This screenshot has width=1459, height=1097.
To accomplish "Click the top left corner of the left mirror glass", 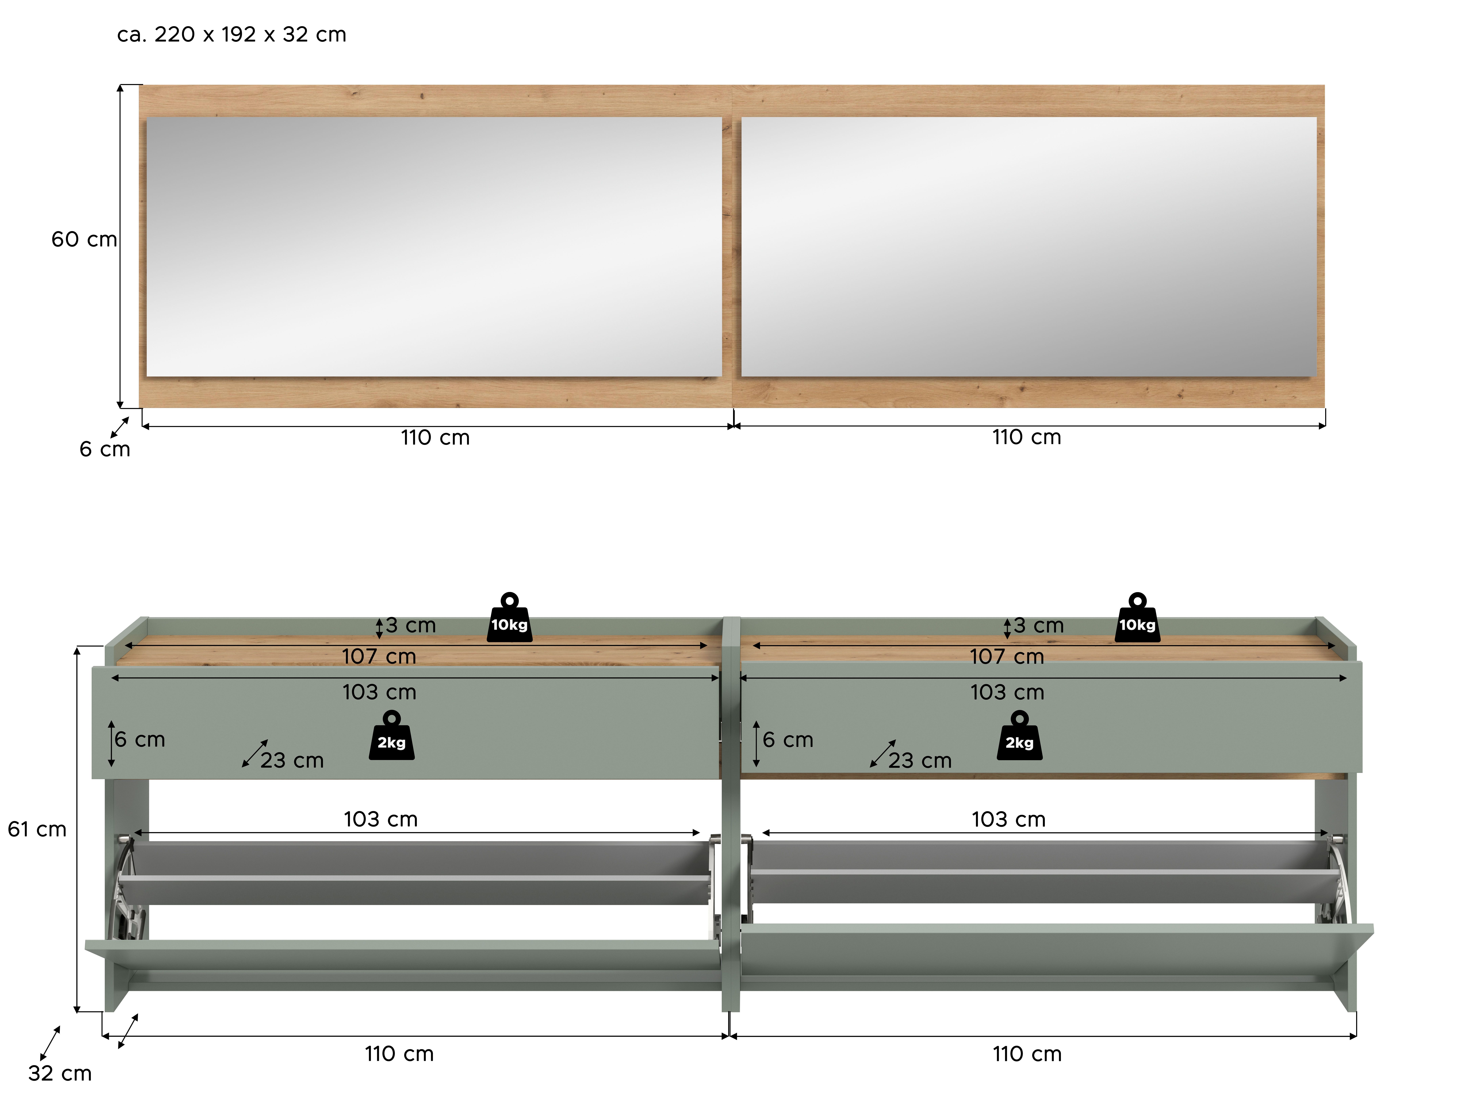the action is tap(147, 117).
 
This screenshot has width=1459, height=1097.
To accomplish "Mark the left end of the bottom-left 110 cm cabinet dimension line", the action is tap(103, 1036).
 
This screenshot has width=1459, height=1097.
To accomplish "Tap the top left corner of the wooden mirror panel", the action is tap(139, 85).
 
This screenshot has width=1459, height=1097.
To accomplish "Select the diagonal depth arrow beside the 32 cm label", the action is tap(50, 1043).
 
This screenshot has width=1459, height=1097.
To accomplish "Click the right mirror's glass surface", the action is tap(1029, 247).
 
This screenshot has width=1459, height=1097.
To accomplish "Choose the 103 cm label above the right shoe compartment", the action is tap(1008, 820).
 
